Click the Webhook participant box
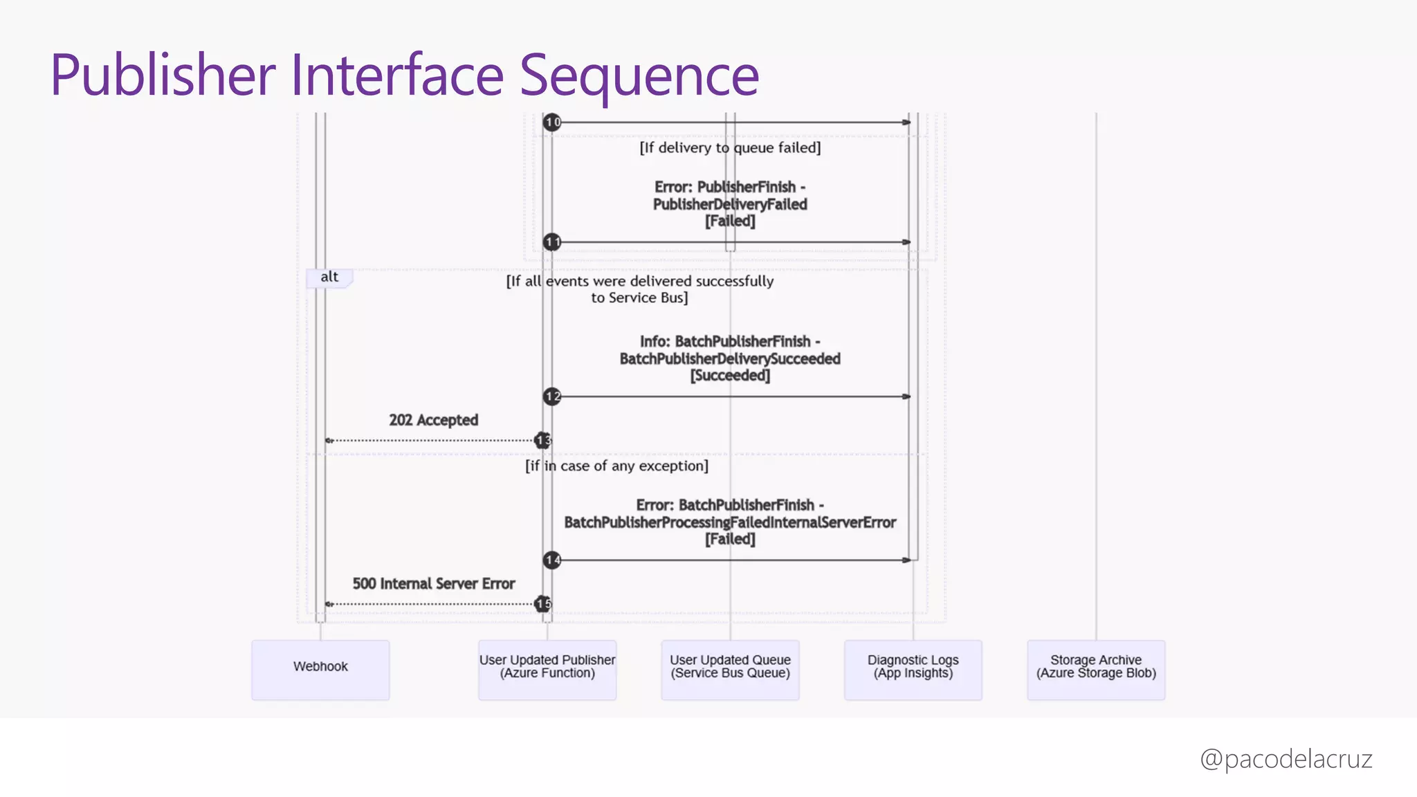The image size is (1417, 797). point(320,669)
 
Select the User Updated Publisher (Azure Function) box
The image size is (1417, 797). point(547,669)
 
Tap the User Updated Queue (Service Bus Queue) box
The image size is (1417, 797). point(730,669)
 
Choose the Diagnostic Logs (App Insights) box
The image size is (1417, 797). point(913,669)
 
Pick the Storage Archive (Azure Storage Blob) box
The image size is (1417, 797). point(1096,669)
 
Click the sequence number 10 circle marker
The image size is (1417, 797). point(552,122)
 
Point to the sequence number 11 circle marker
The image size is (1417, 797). point(552,242)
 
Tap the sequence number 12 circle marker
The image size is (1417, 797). point(552,396)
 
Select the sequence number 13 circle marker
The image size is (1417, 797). point(543,440)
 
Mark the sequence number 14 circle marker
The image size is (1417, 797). point(552,560)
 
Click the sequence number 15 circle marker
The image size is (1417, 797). point(543,604)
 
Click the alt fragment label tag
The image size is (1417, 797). point(329,277)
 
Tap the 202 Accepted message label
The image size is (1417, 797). point(433,420)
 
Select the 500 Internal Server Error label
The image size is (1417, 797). point(433,583)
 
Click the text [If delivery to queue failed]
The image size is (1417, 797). point(730,147)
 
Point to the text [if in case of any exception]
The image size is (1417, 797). point(616,466)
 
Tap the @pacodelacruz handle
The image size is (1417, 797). point(1286,759)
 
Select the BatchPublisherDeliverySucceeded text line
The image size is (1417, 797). point(730,358)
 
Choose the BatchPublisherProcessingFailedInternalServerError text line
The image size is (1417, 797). point(730,522)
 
